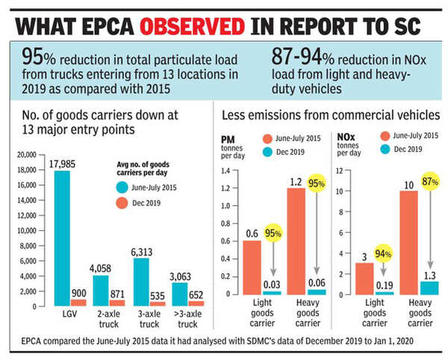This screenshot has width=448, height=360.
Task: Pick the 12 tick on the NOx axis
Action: (340, 170)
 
